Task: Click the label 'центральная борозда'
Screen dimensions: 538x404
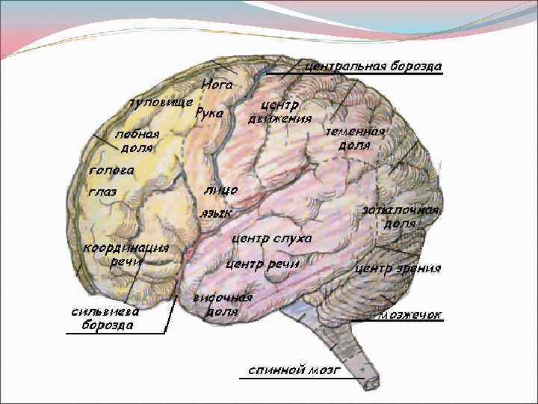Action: tap(374, 66)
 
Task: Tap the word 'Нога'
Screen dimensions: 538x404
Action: tap(217, 85)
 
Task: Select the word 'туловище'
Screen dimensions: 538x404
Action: tap(161, 101)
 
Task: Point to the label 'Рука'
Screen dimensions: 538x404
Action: tap(209, 114)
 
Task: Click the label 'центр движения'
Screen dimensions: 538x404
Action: tap(279, 111)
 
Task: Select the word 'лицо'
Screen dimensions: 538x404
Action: tap(220, 191)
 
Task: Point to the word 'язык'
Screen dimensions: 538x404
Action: tap(216, 214)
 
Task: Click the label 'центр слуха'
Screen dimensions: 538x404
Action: tap(271, 239)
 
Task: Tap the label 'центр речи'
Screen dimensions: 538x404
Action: tap(262, 264)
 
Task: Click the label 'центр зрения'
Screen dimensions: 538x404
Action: tap(398, 268)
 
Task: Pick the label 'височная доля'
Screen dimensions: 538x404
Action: tap(222, 304)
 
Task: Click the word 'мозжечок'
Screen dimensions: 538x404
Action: tap(409, 315)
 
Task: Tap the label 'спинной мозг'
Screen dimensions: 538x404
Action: tap(294, 370)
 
